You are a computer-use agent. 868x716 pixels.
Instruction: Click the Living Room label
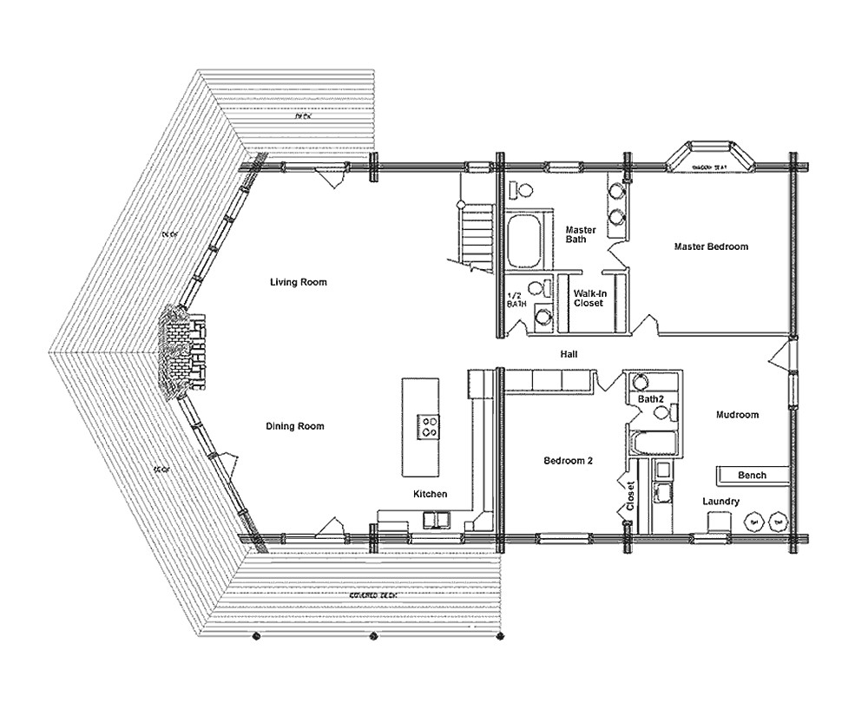coord(298,282)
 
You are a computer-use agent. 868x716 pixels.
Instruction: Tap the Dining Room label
coord(295,426)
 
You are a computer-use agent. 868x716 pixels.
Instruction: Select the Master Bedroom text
coord(711,246)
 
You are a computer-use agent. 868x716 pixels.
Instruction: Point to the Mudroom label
coord(737,415)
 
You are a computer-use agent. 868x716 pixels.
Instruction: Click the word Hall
coord(569,354)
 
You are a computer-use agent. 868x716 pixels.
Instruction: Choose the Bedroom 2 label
coord(568,461)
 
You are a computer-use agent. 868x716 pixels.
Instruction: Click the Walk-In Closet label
coord(589,298)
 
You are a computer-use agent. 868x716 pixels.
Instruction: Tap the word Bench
coord(752,476)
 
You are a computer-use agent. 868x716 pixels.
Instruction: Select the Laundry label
coord(721,502)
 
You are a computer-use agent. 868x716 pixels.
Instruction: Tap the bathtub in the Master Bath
coord(525,242)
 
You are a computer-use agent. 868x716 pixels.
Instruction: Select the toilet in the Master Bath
coord(524,189)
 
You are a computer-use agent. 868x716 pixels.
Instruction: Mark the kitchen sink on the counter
coord(433,519)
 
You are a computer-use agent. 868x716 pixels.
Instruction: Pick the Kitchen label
coord(430,494)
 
